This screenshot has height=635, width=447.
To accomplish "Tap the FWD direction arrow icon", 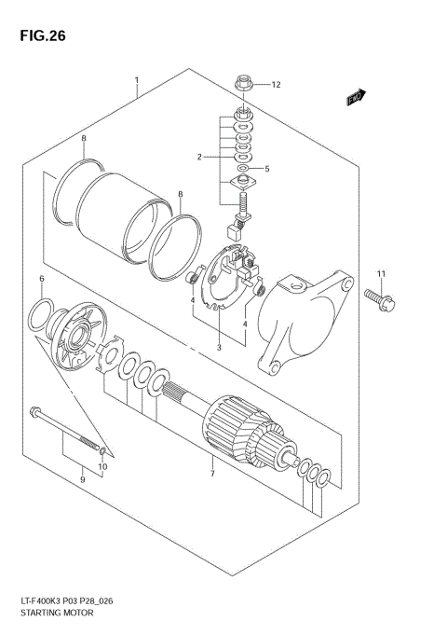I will pyautogui.click(x=354, y=95).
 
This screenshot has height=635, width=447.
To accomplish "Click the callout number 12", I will pyautogui.click(x=275, y=85).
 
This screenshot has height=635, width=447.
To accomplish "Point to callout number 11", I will pyautogui.click(x=380, y=272).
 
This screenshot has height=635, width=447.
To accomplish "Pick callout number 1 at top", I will pyautogui.click(x=136, y=80).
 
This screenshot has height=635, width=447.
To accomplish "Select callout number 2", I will pyautogui.click(x=198, y=158).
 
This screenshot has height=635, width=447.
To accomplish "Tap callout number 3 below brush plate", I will pyautogui.click(x=218, y=348).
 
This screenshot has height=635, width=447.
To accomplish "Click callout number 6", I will pyautogui.click(x=41, y=279).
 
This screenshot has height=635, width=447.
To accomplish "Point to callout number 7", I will pyautogui.click(x=211, y=475).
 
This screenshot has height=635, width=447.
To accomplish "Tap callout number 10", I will pyautogui.click(x=102, y=466).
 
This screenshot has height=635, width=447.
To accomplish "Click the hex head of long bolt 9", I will pyautogui.click(x=34, y=410).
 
